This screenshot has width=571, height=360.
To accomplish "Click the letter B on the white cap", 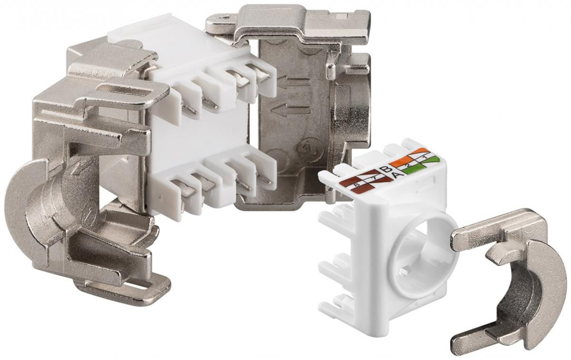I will click(x=386, y=170).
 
